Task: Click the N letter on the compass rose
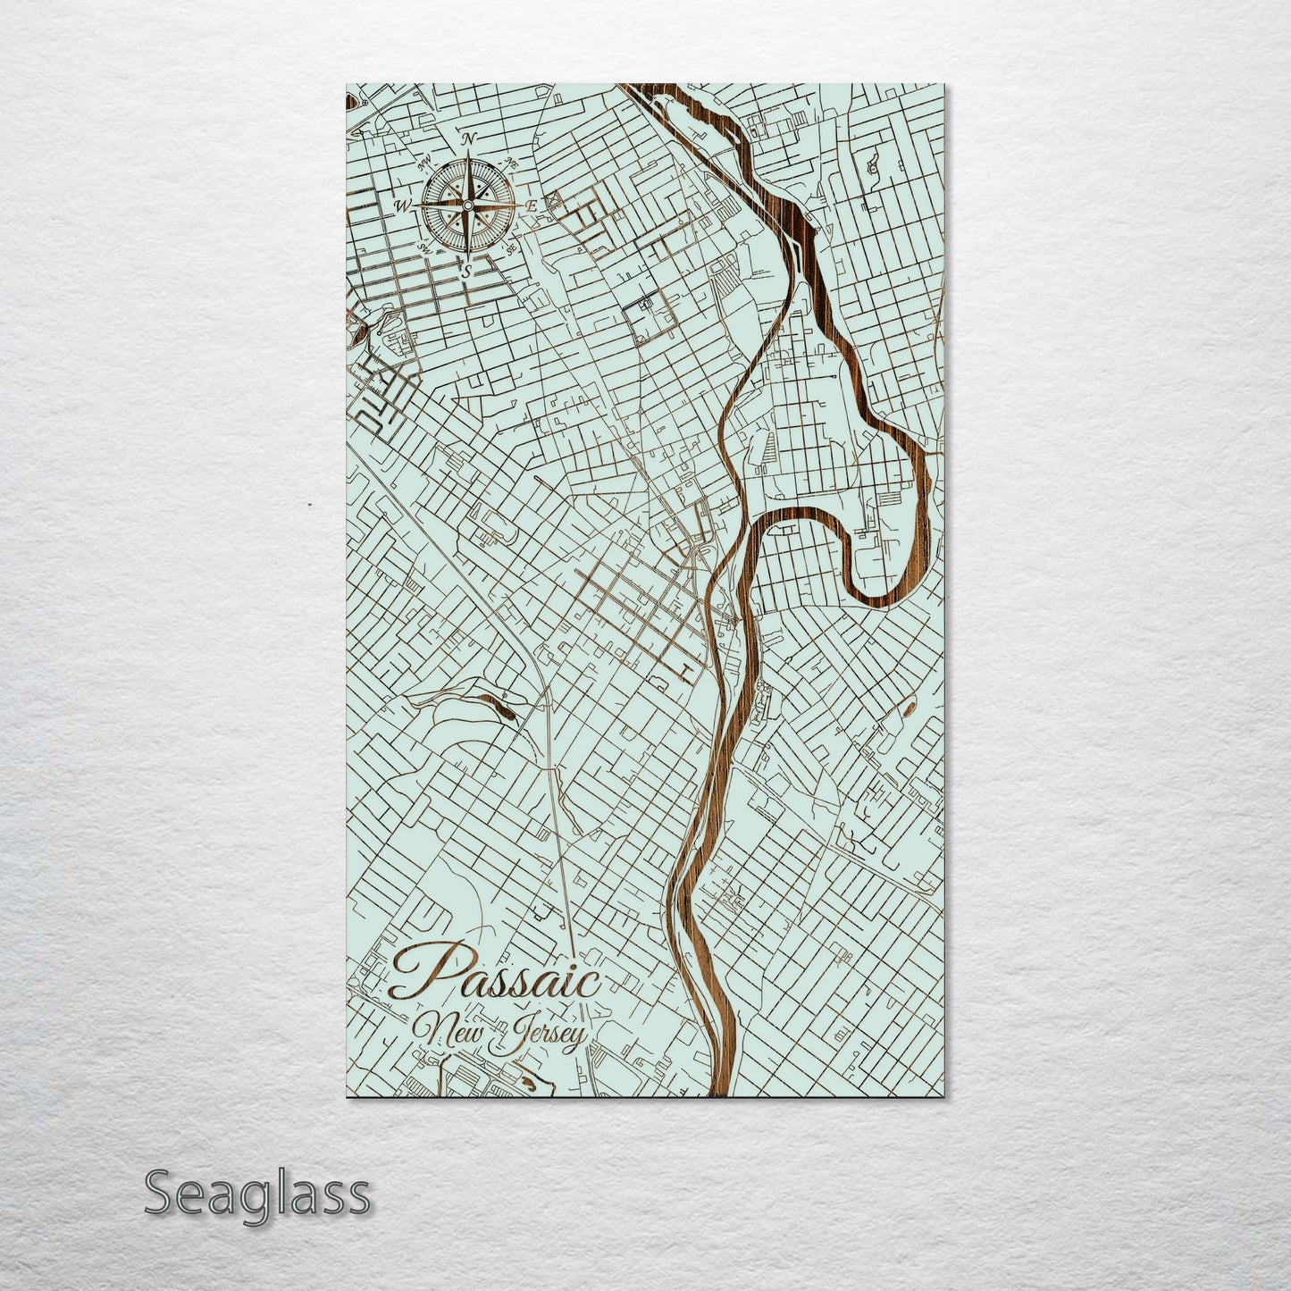(467, 139)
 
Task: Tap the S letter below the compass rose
(466, 270)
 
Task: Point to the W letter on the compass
(403, 206)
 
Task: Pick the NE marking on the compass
(512, 163)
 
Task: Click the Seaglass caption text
(256, 1194)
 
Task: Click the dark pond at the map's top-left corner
(349, 100)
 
